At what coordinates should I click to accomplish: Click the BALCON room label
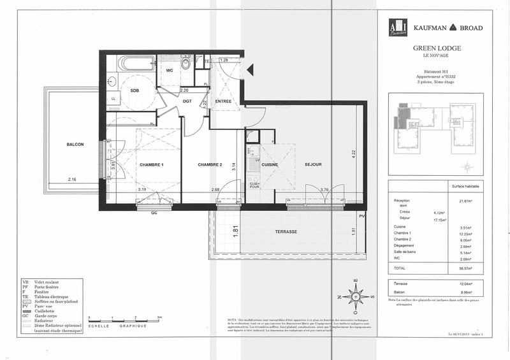(75, 145)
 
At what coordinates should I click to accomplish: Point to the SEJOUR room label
(312, 164)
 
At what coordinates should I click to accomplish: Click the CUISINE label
(270, 164)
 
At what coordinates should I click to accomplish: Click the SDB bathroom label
(135, 90)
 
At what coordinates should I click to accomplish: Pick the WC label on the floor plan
(170, 71)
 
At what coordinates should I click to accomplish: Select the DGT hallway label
(187, 101)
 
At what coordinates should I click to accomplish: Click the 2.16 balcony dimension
(73, 180)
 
